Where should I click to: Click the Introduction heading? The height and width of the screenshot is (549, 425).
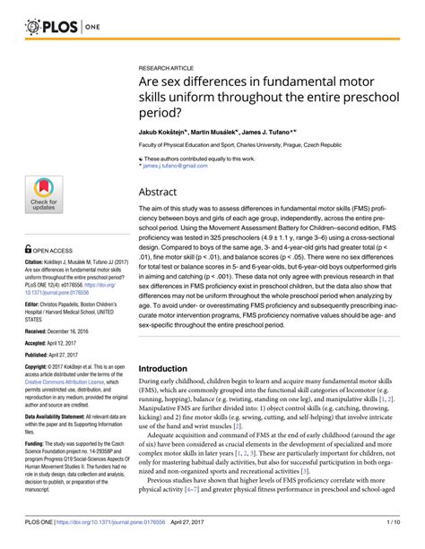[x=176, y=368]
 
